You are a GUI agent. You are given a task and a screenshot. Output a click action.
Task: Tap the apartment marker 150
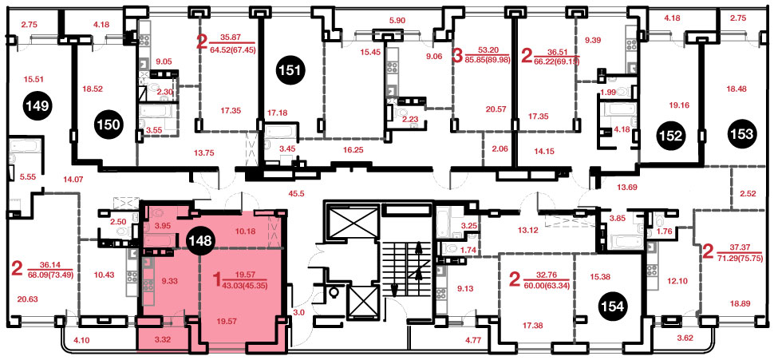tap(109, 125)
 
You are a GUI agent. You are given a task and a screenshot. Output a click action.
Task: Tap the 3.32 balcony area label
tap(162, 339)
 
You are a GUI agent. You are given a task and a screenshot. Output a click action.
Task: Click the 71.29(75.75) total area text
tap(740, 259)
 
